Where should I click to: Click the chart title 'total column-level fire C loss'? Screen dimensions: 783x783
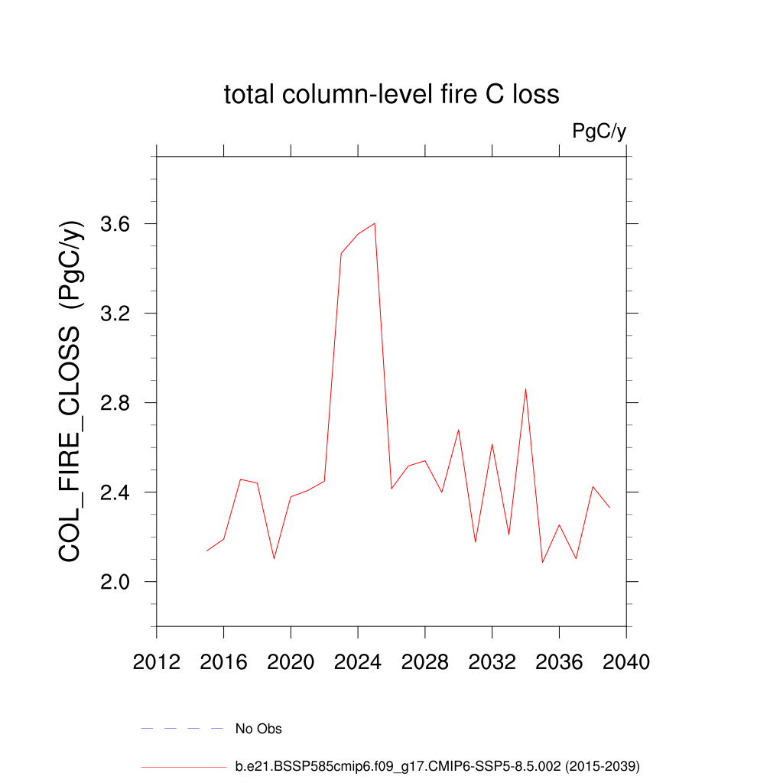391,95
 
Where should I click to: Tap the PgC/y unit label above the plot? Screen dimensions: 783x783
599,132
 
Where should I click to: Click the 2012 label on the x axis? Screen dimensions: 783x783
157,662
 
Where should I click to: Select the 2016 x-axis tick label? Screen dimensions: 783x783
223,662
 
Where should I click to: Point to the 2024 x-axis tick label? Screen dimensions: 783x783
358,662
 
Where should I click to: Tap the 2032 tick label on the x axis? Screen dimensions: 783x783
492,662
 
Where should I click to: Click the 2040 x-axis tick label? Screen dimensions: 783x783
626,662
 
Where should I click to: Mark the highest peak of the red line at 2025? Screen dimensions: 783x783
375,223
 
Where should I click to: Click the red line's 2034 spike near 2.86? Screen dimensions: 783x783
525,389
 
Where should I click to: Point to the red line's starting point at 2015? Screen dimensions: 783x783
207,551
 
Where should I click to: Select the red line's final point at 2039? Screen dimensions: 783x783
609,507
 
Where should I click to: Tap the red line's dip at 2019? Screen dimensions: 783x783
274,558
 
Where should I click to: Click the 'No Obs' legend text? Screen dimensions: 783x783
258,729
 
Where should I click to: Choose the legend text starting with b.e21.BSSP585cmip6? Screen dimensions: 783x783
437,765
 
